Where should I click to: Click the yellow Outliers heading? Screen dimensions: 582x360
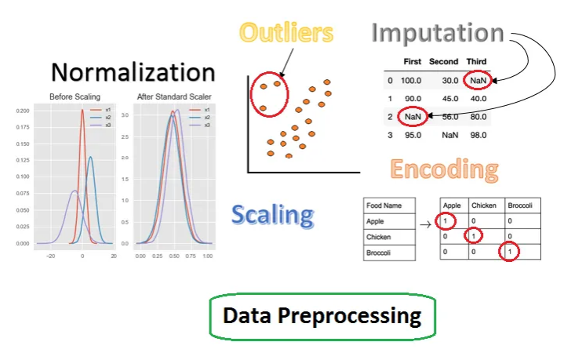click(x=286, y=32)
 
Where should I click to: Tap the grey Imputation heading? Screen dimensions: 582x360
click(x=438, y=34)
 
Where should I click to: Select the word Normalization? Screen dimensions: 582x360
click(x=133, y=72)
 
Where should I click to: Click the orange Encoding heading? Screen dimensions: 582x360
click(x=444, y=169)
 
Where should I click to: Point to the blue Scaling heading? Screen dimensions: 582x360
click(x=273, y=215)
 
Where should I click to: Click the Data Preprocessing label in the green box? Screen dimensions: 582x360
click(x=322, y=315)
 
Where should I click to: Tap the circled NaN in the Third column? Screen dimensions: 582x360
click(x=478, y=81)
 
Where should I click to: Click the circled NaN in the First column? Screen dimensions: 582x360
click(x=413, y=117)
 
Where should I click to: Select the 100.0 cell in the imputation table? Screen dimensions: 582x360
click(x=411, y=81)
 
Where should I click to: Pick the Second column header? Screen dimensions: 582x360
click(x=443, y=62)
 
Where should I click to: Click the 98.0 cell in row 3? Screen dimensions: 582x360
click(x=478, y=135)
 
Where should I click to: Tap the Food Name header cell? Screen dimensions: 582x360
click(x=384, y=205)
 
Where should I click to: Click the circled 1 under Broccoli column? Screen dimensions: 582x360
click(x=510, y=252)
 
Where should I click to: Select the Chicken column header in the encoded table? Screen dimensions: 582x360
click(x=484, y=205)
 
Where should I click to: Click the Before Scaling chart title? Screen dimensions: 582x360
click(x=75, y=97)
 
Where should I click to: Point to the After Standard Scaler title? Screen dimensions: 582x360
click(x=174, y=97)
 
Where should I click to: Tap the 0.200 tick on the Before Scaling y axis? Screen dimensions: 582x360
click(x=23, y=111)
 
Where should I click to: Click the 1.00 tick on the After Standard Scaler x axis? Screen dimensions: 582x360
click(x=208, y=256)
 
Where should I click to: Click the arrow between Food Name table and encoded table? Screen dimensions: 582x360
click(x=426, y=224)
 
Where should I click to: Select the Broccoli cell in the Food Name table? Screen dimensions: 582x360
click(x=378, y=253)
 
